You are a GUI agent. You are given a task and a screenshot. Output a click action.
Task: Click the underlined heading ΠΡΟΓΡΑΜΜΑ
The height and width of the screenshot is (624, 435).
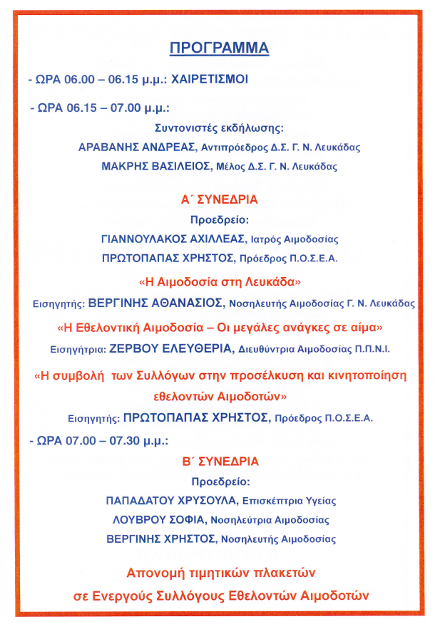pos(218,48)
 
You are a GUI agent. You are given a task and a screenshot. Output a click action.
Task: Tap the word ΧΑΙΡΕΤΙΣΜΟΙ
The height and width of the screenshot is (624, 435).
pos(209,80)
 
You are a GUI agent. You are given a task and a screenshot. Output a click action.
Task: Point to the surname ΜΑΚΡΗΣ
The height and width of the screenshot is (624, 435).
pos(123,166)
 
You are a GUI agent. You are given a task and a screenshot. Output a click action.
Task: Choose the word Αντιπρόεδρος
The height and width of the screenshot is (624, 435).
pos(230,148)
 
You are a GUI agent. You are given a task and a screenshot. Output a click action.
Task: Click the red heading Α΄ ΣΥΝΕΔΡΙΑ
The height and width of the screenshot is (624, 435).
pos(219,200)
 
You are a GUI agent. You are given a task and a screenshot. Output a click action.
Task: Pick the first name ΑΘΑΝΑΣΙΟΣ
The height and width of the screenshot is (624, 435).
pos(188,303)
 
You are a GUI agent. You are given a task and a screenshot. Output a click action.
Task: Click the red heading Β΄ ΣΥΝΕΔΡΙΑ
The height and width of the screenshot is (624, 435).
pos(219,461)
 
